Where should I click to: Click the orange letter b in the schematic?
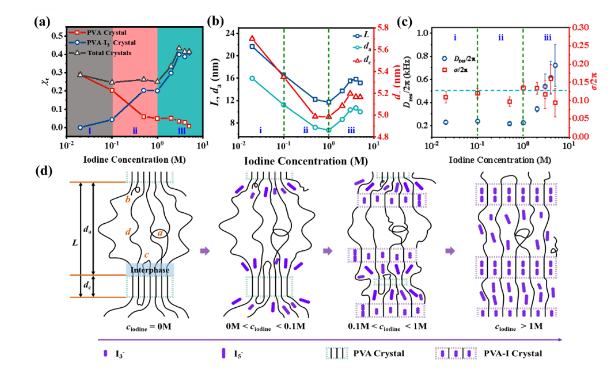click(x=128, y=199)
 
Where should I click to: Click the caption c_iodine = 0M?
click(x=145, y=326)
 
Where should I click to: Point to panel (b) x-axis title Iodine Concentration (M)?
click(x=303, y=159)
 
